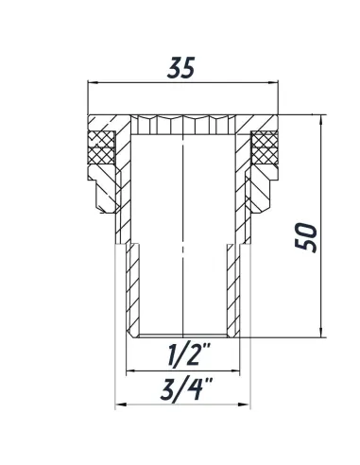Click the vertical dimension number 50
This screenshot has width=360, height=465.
pos(304,228)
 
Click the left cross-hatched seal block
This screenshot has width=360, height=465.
pos(98,147)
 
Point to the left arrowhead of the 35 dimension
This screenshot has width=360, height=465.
pos(91,83)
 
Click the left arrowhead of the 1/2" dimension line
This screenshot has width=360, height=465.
pos(129,371)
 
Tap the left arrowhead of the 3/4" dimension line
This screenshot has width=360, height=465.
pos(117,406)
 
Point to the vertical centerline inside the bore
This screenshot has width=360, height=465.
pos(180,236)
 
